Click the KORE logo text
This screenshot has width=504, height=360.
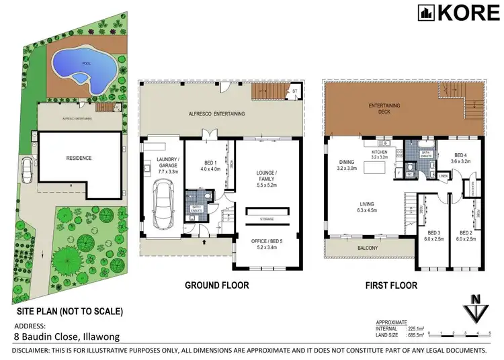pos(462,13)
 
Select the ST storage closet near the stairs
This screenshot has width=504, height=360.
pos(294,91)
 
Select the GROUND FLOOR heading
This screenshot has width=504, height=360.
pos(217,285)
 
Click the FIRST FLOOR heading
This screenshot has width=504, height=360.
pos(390,285)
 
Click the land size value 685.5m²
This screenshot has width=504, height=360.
pos(406,334)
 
